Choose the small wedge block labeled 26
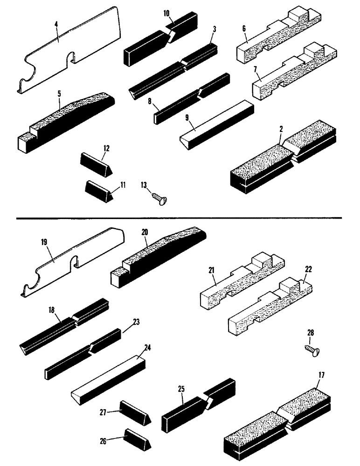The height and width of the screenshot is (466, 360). coord(137,438)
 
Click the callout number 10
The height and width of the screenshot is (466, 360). coord(166,13)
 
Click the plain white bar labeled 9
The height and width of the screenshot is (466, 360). coord(217,122)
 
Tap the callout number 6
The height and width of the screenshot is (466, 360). coord(244,29)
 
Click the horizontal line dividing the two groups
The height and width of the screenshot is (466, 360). coord(180,218)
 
